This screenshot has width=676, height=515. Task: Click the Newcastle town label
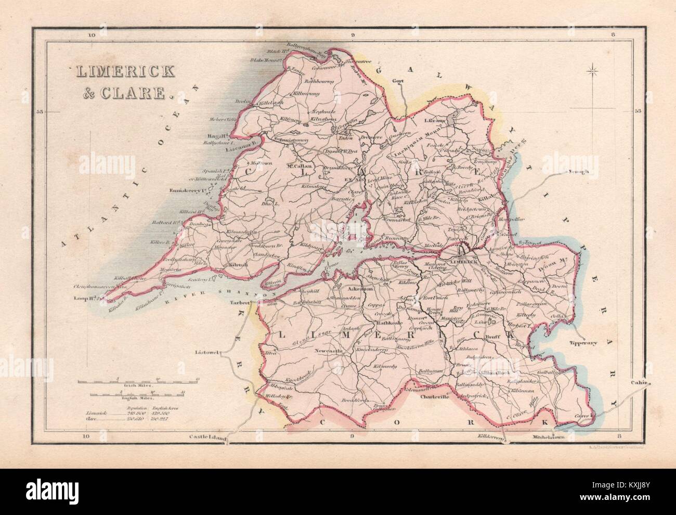pyautogui.click(x=330, y=352)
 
